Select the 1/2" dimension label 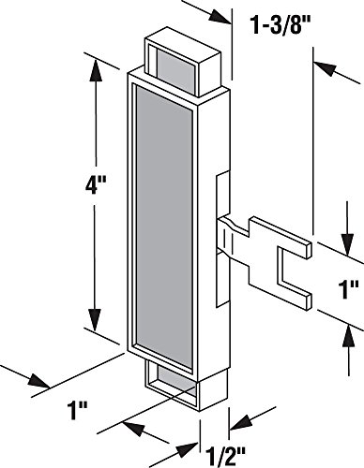coord(226,457)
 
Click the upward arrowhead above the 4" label coord(96,71)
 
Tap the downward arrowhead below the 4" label coord(95,318)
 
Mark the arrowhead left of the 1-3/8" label coord(220,16)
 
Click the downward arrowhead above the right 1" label coord(348,245)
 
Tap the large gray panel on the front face coord(164,227)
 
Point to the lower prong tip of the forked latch coord(309,301)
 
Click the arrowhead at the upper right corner coord(326,69)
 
